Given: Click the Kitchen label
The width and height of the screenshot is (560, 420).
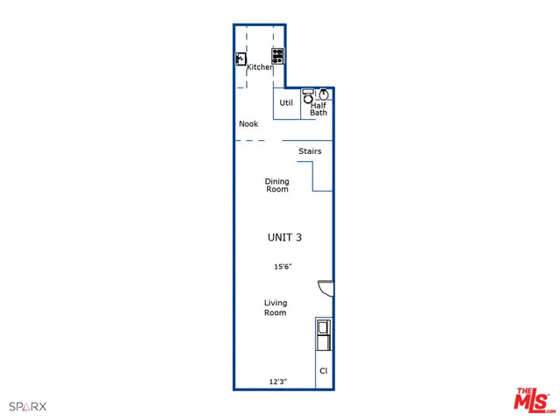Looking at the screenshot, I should pos(260,67).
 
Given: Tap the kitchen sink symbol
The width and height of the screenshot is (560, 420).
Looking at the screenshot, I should pos(241,59).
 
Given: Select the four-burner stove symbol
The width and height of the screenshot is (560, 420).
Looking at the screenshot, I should pos(277,56).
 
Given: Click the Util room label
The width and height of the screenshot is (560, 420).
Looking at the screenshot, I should pos(285,103).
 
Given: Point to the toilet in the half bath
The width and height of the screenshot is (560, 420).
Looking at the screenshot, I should pos(308,98).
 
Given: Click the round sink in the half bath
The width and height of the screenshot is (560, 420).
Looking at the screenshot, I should pos(324,94).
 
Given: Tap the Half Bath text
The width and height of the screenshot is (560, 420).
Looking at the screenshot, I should pos(318,108).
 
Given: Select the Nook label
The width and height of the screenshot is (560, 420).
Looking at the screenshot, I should pos(248,124).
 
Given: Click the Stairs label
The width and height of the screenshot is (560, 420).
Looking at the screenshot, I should pos(310,151).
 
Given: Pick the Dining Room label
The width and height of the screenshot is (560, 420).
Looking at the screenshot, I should pos(277,185).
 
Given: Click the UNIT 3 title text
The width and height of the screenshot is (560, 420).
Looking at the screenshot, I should pos(285,237).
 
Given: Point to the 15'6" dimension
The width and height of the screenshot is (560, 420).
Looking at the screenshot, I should pos(282,267).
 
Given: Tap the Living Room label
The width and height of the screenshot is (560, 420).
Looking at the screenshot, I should pos(276,307).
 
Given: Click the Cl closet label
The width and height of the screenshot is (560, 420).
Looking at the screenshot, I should pos(323,371).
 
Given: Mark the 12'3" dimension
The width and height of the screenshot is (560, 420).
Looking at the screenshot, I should pos(278,382).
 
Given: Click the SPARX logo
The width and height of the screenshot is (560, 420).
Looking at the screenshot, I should pos(27,406).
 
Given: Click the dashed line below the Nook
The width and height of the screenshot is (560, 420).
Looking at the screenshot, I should pos(249,141).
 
